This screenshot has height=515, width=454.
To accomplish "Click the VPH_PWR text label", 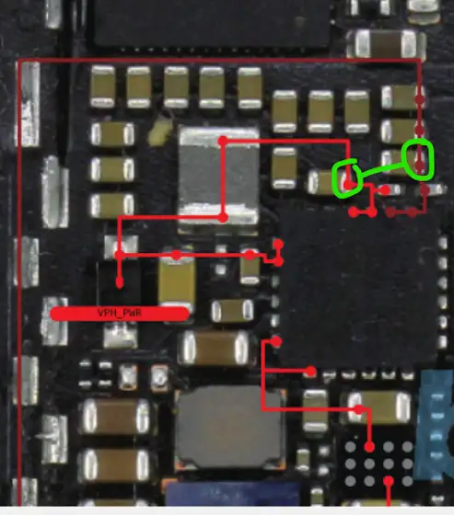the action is [x=120, y=313].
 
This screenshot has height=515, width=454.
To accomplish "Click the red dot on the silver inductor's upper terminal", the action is [x=223, y=142].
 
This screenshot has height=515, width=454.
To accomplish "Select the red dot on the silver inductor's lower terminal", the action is [x=223, y=217].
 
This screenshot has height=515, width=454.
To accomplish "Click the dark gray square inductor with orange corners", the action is [x=230, y=427].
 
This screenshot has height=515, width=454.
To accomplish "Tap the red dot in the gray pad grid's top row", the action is [x=369, y=447].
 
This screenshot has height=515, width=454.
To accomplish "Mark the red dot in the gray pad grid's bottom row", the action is [x=389, y=481].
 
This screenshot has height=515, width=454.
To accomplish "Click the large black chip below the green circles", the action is [x=358, y=289].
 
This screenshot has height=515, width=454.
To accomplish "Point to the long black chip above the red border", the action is [x=212, y=23].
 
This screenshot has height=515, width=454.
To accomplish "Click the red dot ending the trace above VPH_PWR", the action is [x=120, y=282].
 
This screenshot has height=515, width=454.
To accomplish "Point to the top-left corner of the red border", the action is [x=19, y=61].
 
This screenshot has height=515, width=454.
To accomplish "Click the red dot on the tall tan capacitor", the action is [x=176, y=256].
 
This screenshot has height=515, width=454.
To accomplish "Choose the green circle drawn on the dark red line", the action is [x=418, y=159].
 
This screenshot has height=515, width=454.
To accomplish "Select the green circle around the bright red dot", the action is [x=347, y=179].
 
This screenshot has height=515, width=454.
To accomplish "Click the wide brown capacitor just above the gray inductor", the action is [x=216, y=348].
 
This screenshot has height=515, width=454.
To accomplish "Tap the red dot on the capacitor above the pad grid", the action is [x=359, y=409].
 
